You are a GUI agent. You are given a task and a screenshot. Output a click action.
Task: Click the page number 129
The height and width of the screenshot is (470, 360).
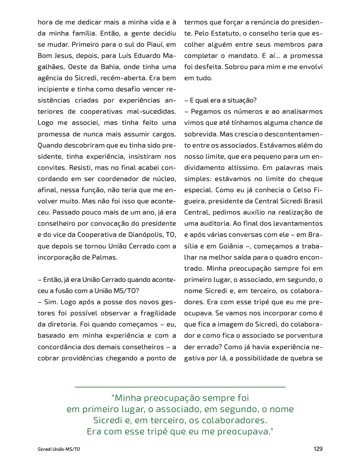[x=318, y=449]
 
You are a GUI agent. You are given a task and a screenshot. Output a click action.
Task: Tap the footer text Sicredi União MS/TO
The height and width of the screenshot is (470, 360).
[x=56, y=449]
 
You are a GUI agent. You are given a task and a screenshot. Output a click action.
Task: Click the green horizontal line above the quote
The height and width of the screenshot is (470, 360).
[x=180, y=387]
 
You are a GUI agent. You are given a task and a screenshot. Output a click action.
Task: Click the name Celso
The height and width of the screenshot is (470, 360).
[x=296, y=190]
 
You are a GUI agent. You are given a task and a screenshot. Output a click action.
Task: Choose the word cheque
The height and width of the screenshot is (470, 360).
[x=309, y=179]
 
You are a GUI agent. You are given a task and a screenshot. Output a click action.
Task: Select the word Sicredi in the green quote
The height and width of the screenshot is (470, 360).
[x=108, y=421]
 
